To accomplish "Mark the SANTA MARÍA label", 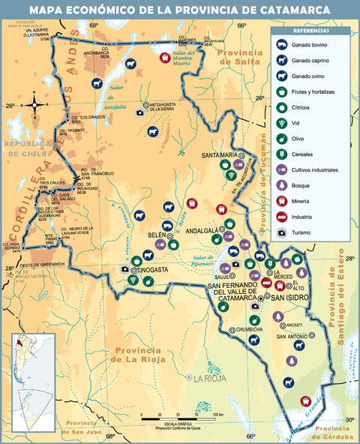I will pos(218,155).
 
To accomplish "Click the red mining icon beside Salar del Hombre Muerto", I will pos(165,57).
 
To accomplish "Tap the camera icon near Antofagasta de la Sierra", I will pos(139,113).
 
